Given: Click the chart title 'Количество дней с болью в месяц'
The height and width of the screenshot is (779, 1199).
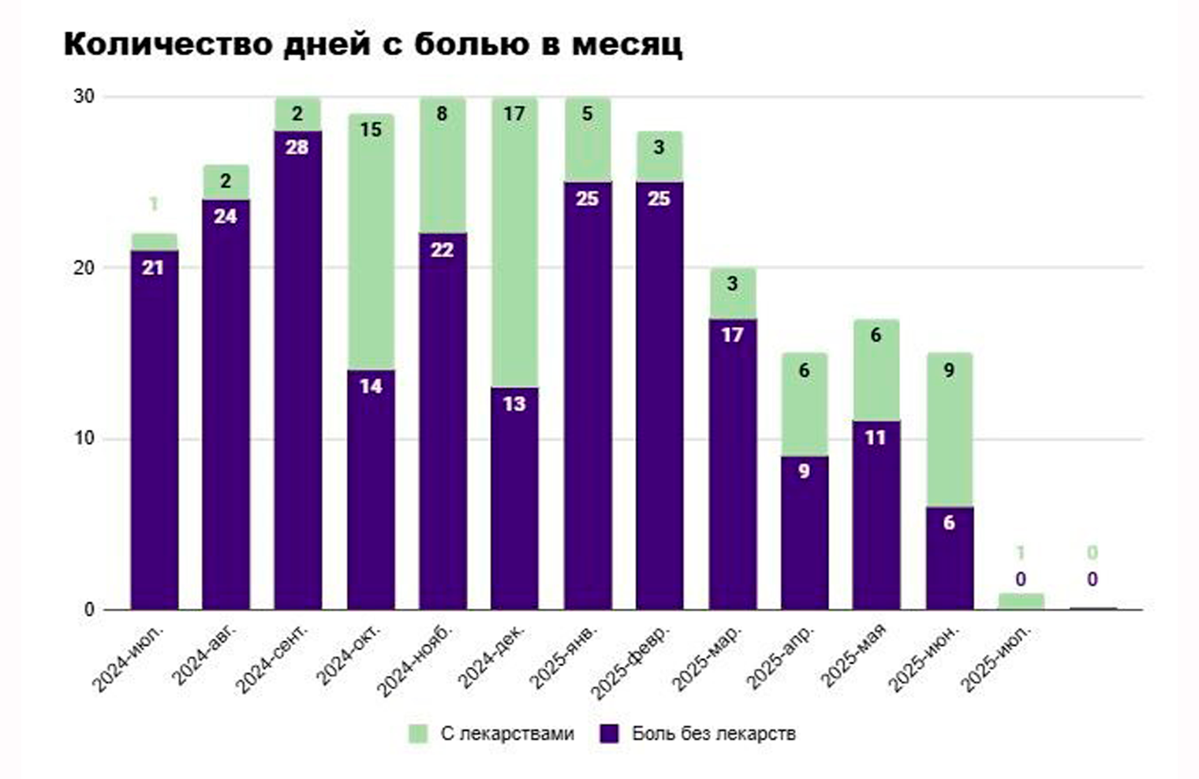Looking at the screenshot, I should click(x=372, y=44).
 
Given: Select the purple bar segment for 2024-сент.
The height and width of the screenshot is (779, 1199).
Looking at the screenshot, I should click(x=297, y=371).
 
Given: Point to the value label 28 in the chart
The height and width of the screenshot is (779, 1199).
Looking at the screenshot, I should click(x=297, y=147).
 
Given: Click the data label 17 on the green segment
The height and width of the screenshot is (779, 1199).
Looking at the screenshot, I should click(x=514, y=114).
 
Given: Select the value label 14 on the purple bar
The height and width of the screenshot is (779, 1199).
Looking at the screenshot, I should click(x=371, y=386).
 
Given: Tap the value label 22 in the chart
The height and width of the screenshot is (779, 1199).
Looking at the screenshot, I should click(x=442, y=250).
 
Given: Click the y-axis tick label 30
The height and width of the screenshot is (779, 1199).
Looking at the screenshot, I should click(x=84, y=96).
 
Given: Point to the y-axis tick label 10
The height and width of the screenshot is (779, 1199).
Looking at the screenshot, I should click(x=84, y=438).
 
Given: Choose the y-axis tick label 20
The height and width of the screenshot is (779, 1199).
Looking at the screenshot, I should click(x=84, y=267).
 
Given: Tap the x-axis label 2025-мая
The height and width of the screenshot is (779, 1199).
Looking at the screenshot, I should click(x=853, y=656).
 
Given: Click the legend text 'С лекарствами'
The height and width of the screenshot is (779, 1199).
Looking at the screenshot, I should click(x=507, y=733).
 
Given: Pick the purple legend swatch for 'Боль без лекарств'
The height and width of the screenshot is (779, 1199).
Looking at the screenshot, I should click(x=609, y=733).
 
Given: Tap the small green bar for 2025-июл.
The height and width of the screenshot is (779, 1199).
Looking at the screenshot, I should click(x=1021, y=601).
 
